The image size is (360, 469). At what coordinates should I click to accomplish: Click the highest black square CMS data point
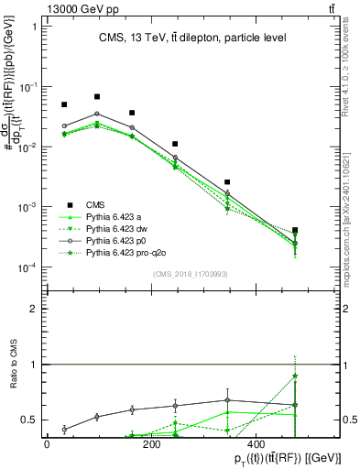[x=97, y=96]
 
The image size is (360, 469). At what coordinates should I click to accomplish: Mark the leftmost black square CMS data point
[x=64, y=104]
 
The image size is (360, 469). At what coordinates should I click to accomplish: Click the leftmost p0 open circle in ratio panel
[x=64, y=429]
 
